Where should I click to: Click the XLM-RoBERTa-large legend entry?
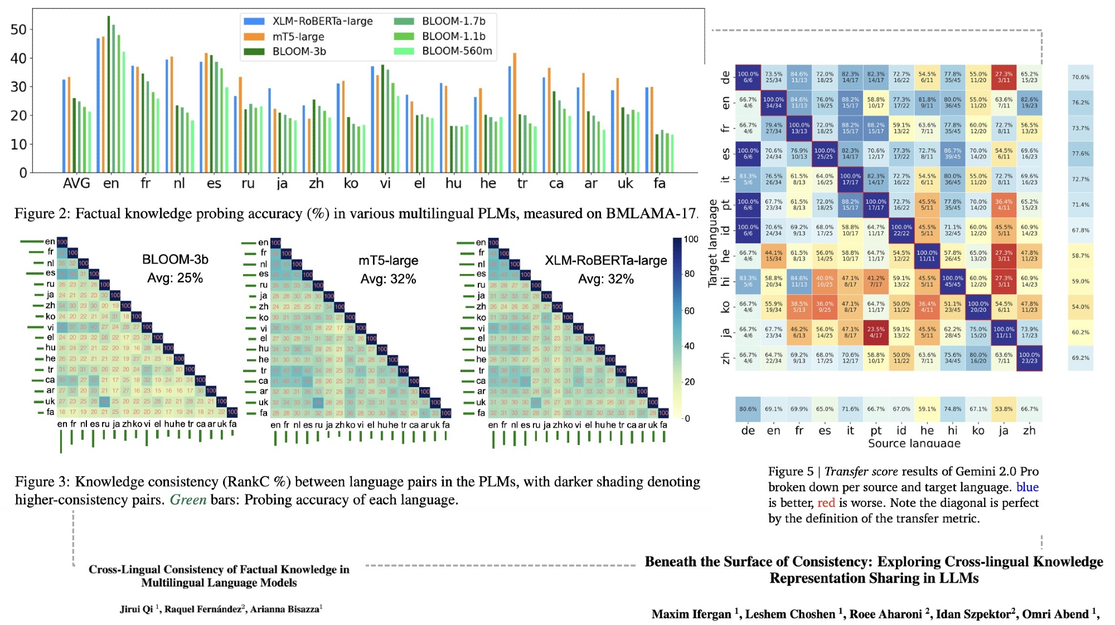point(322,21)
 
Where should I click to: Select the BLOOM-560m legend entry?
point(457,51)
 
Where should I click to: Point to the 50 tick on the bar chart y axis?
point(18,30)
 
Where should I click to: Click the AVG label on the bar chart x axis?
point(76,183)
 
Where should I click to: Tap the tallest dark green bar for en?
point(109,95)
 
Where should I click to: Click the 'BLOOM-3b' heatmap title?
point(175,260)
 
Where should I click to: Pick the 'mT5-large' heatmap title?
point(388,261)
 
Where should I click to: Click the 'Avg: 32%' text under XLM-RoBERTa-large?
point(605,279)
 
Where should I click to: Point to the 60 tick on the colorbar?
point(690,311)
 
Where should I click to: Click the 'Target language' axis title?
point(712,243)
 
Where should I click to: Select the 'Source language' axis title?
point(914,443)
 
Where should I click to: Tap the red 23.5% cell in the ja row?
point(876,333)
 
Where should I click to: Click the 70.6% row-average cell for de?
point(1080,77)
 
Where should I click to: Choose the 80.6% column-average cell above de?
point(748,409)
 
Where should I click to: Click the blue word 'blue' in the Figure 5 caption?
point(1027,487)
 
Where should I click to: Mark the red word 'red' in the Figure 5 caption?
point(826,503)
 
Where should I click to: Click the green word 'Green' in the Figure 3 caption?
point(188,500)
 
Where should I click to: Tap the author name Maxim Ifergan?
point(691,614)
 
